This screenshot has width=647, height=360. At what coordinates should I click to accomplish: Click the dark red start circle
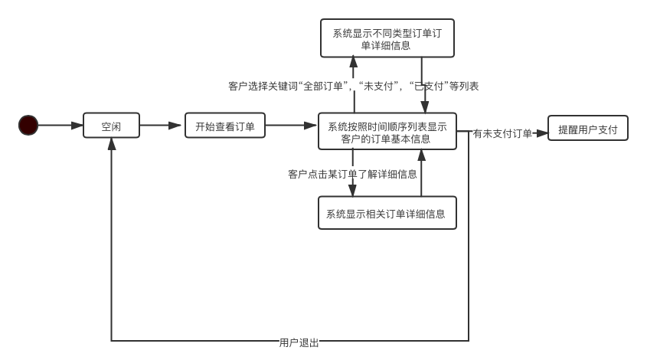[28, 125]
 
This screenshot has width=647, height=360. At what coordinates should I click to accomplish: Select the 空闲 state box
[111, 126]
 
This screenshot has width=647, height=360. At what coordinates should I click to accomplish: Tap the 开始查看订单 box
[225, 126]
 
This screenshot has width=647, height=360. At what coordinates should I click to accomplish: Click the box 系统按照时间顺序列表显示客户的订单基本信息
[387, 132]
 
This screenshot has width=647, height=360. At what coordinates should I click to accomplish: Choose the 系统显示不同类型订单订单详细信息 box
[387, 38]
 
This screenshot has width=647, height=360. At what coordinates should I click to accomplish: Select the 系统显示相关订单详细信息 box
[387, 214]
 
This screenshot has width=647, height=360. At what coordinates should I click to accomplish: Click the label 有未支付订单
[502, 133]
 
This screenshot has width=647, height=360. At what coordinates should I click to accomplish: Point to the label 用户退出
[299, 342]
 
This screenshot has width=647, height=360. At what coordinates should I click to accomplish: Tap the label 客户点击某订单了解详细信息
[353, 174]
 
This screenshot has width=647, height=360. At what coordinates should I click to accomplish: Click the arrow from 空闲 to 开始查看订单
[162, 125]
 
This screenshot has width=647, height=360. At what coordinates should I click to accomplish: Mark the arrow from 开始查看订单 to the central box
[292, 125]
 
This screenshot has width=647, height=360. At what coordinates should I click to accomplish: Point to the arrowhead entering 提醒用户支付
[543, 133]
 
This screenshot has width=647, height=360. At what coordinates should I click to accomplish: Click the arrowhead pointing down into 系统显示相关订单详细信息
[353, 191]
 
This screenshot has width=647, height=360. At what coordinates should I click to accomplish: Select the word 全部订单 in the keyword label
[328, 86]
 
